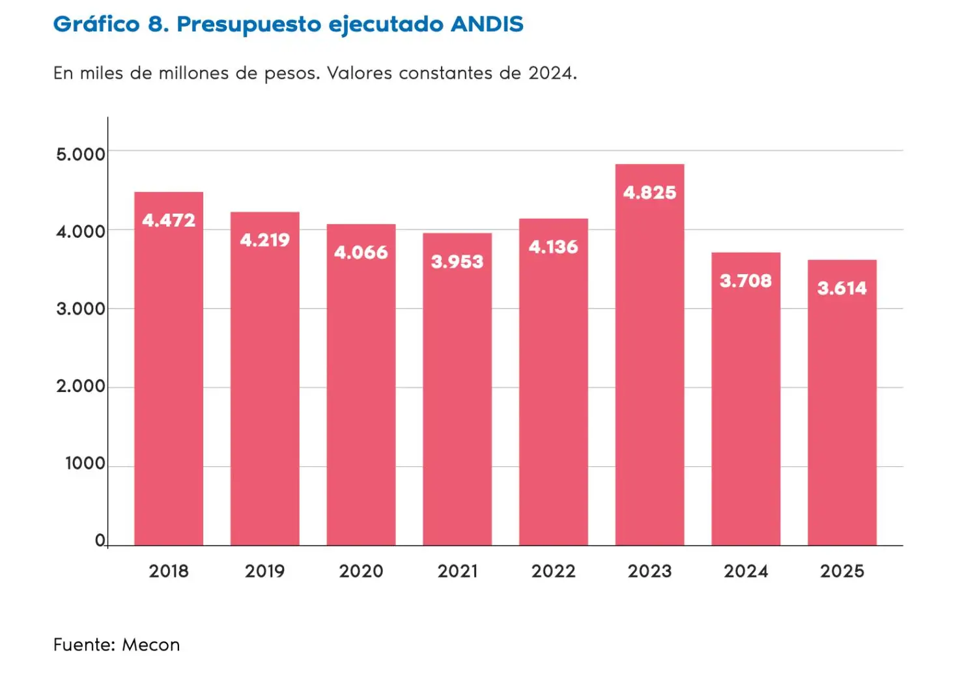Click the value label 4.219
pos(264,240)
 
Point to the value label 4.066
pos(361,253)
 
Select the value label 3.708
pos(746,281)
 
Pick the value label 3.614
pos(842,288)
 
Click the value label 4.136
pos(553,247)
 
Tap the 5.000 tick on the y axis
pos(80,154)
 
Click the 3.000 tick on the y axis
pos(80,309)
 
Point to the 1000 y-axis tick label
pos(85,464)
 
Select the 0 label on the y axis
pos(100,540)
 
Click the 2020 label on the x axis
pos(361,571)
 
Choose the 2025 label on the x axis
pos(842,571)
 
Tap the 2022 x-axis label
pos(553,571)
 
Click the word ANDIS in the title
pos(487,24)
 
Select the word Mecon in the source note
pos(151,645)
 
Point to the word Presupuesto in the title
pos(249,25)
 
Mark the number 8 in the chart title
pos(157,24)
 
